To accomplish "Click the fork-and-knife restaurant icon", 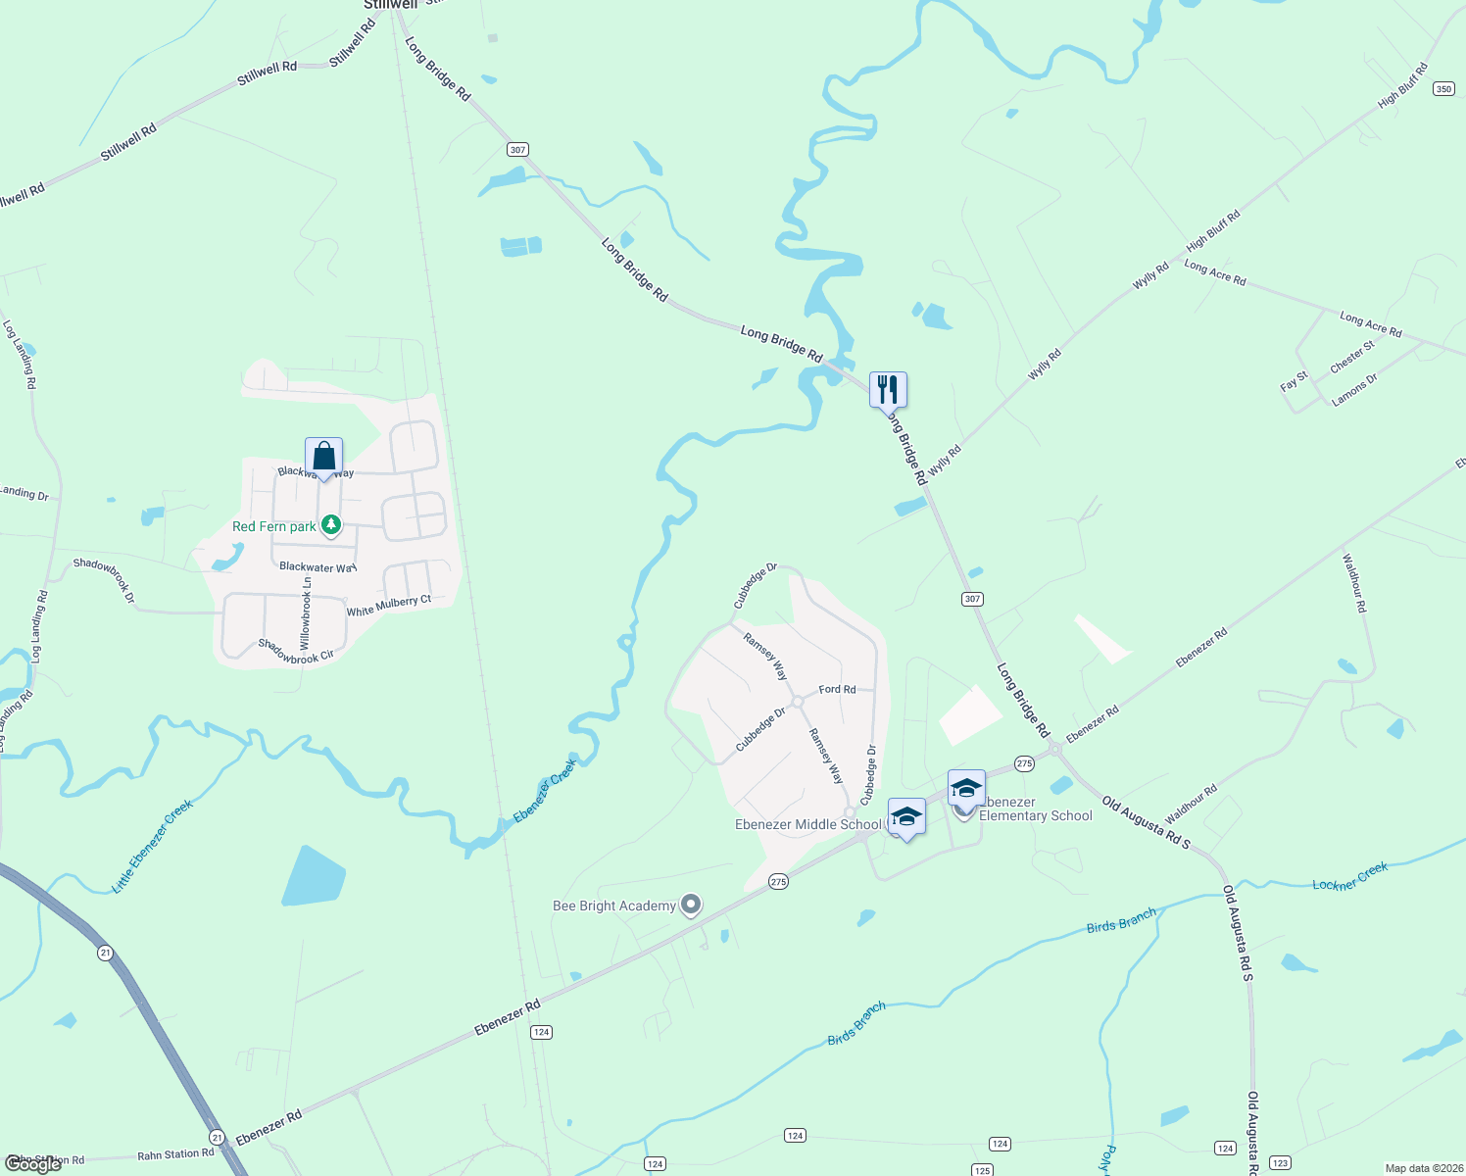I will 888,389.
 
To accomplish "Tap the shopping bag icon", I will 323,456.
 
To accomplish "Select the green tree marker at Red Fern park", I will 332,525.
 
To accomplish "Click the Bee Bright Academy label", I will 614,906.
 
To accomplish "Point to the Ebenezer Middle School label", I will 807,824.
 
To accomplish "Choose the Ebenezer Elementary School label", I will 1035,809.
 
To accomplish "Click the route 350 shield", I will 1443,89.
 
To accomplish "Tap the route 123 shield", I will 1280,1163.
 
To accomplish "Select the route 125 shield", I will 982,1170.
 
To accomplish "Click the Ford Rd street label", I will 837,689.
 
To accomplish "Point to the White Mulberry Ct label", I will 389,606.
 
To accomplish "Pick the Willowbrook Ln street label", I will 306,612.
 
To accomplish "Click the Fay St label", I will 1294,380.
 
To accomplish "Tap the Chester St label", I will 1352,357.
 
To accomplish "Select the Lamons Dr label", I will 1354,389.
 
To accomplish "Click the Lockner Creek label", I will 1350,876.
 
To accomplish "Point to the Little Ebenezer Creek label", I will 152,846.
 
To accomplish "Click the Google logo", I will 33,1163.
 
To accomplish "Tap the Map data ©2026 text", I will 1422,1168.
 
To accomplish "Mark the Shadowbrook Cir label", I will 296,652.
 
